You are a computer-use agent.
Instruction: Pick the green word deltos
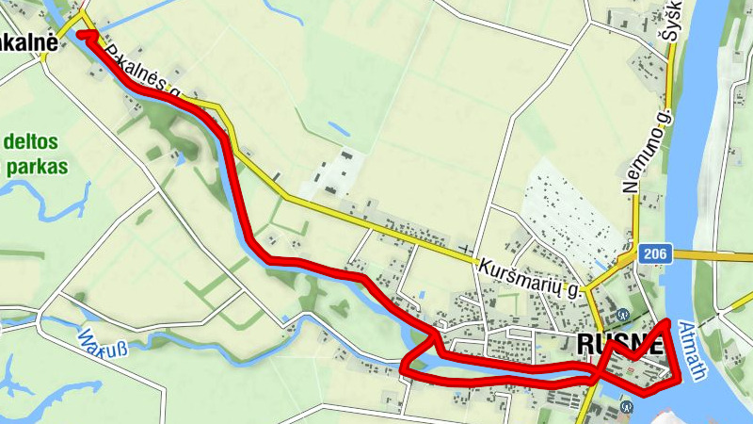point(31,143)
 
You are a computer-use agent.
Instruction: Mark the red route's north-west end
point(81,34)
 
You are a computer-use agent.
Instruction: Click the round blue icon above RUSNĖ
point(621,315)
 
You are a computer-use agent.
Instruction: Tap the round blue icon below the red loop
point(628,406)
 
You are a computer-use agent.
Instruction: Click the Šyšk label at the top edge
point(671,24)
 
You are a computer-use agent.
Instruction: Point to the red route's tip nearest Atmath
point(668,323)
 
